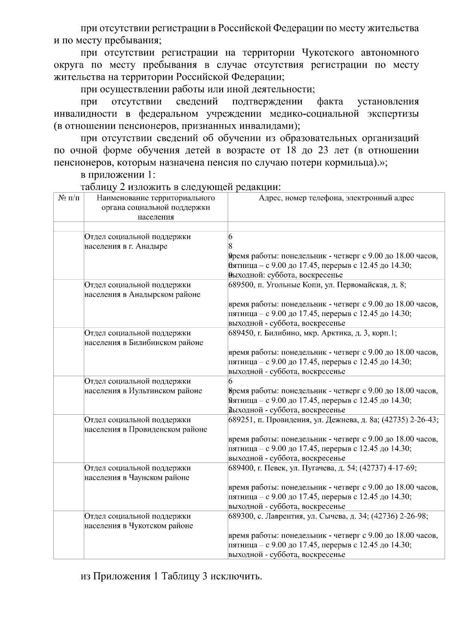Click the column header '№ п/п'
click(68, 198)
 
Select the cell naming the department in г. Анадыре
click(137, 242)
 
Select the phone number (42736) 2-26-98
click(399, 516)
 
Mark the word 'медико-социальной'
click(315, 114)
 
